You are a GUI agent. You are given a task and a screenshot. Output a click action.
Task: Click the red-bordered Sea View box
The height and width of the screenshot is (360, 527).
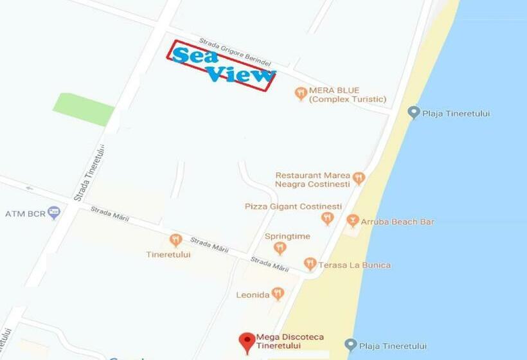221,65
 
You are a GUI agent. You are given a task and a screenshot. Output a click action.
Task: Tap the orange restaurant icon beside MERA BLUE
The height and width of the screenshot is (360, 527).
301,94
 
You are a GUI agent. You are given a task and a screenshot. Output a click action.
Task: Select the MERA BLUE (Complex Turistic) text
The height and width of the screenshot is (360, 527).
347,95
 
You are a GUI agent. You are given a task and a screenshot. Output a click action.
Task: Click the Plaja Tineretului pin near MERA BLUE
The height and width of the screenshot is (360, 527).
414,113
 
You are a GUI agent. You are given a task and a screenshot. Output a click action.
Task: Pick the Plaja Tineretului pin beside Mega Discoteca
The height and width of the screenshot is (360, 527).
350,345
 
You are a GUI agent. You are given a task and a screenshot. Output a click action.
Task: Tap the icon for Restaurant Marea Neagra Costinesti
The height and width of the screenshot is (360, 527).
359,178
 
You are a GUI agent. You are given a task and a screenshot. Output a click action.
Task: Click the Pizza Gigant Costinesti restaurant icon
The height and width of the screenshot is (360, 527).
327,219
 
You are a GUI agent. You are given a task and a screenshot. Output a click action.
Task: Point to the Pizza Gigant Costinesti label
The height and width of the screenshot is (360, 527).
293,206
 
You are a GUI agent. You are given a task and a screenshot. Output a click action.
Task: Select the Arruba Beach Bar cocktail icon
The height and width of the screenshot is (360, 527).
352,221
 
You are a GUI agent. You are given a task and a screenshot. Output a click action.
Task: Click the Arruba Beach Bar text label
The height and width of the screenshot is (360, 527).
398,222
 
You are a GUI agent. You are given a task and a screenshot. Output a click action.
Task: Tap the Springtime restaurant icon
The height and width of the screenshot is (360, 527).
280,248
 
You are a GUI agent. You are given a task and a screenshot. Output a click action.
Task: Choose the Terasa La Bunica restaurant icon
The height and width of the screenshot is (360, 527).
310,264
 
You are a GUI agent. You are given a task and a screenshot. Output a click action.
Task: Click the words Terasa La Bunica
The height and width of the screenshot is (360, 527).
355,265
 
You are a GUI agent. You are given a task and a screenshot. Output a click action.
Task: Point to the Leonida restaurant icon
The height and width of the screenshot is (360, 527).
278,294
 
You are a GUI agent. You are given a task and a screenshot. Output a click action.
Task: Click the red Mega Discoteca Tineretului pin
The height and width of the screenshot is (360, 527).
247,342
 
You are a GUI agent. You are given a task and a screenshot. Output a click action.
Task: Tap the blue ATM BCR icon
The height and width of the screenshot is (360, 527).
54,212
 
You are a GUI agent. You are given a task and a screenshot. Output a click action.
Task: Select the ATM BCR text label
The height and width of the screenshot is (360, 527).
26,213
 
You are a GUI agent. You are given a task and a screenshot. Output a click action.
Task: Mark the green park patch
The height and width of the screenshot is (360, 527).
84,109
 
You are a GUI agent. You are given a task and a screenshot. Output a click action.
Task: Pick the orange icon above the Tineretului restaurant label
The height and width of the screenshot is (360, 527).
175,240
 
